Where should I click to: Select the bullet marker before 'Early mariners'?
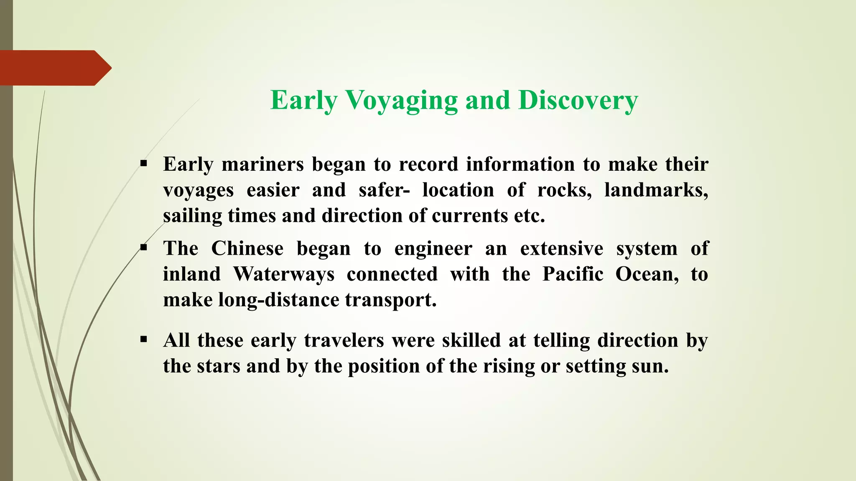pyautogui.click(x=144, y=164)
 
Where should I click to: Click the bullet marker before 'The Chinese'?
pyautogui.click(x=144, y=248)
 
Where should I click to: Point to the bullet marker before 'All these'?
pyautogui.click(x=144, y=339)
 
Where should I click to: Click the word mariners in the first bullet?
pyautogui.click(x=262, y=164)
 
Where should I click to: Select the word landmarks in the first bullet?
pyautogui.click(x=656, y=190)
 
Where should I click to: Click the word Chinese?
pyautogui.click(x=247, y=248)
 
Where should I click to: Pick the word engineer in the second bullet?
pyautogui.click(x=433, y=249)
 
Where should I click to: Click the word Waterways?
pyautogui.click(x=284, y=274)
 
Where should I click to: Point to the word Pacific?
pyautogui.click(x=573, y=274)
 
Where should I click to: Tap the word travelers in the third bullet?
pyautogui.click(x=344, y=340)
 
